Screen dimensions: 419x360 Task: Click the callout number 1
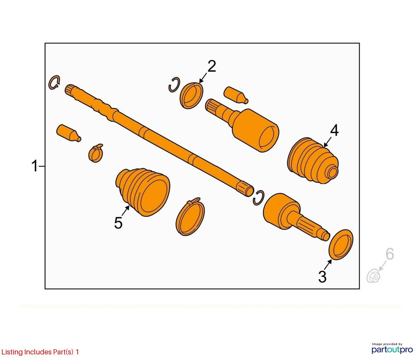coord(35,166)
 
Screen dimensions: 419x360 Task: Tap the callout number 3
coord(322,277)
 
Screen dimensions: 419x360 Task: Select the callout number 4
coord(334,130)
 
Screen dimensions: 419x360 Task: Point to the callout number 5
coord(118,223)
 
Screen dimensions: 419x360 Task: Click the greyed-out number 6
coord(390,254)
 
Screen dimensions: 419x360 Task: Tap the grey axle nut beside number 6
coord(373,276)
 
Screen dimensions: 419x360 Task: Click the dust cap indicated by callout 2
coord(191,95)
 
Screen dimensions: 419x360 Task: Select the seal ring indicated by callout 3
coord(341,244)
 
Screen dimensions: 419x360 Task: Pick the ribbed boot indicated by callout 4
coord(313,160)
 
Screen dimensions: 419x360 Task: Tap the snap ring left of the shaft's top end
coord(54,83)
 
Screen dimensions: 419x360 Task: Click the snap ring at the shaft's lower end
coord(259,198)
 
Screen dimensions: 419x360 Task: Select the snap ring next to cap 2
coord(174,85)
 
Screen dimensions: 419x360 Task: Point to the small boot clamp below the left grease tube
coord(95,153)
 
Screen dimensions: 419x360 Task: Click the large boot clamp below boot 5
coord(190,216)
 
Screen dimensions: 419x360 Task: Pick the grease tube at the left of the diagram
coord(69,133)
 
